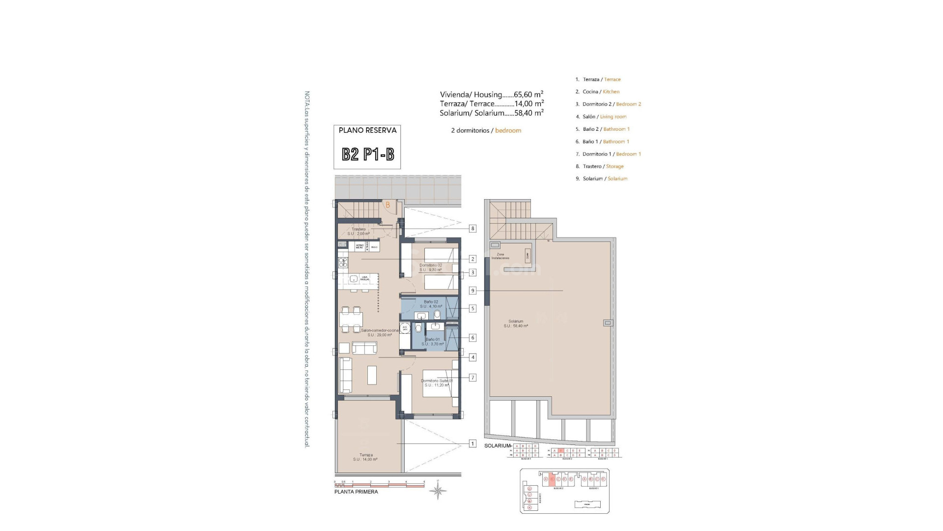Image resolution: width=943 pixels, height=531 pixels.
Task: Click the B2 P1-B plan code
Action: pos(367,154)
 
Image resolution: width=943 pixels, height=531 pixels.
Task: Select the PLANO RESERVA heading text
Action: pos(367,130)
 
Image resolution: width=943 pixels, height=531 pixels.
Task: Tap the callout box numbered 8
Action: pos(472,229)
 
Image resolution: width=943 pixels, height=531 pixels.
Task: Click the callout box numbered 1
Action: pos(472,443)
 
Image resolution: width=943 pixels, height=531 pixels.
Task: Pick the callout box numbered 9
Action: pos(472,291)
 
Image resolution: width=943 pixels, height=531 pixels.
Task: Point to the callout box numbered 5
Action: pos(472,309)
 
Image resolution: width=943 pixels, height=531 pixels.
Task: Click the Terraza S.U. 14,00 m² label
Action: pos(365,457)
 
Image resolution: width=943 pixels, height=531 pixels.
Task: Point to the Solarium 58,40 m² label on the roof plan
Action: pos(516,324)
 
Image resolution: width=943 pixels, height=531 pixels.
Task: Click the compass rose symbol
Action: pos(438,490)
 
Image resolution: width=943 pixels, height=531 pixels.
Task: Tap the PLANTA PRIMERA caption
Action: pos(356,492)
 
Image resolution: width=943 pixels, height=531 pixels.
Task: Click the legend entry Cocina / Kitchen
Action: pos(601,91)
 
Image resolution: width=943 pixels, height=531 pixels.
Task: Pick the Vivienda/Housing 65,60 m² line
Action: pos(491,94)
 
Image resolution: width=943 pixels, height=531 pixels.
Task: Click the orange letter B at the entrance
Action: pos(388,205)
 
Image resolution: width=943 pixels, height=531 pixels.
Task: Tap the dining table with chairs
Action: pos(350,319)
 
